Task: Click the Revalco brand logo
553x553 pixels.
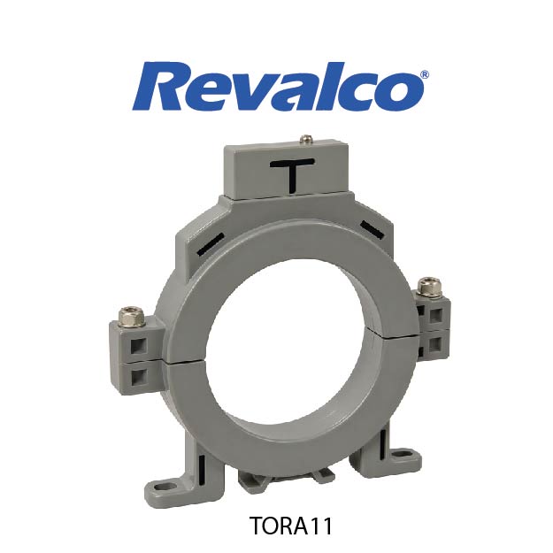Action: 280,86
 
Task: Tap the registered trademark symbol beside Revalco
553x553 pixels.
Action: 425,75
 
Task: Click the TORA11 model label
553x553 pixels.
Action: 291,526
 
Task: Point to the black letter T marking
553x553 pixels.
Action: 292,175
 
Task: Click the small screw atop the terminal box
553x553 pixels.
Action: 305,139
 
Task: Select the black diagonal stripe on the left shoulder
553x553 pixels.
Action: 211,244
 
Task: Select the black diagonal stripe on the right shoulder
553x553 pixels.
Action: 372,229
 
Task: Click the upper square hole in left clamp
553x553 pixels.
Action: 139,346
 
